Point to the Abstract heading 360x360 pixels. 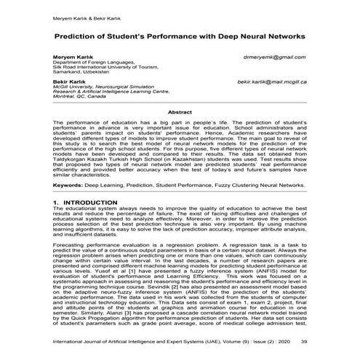point(180,113)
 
